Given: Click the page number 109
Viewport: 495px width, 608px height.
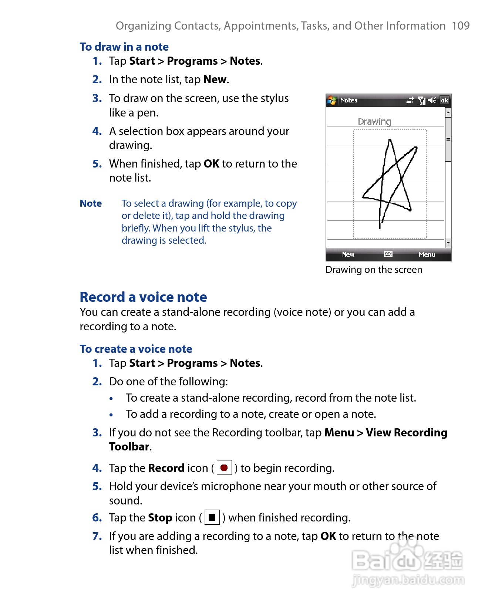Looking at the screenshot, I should [460, 26].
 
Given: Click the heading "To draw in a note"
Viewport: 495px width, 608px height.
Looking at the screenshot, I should [124, 47].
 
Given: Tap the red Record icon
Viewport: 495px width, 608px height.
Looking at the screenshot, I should [224, 468].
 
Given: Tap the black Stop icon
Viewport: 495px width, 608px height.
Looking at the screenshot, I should [212, 517].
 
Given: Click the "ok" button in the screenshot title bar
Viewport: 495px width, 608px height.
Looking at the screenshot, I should [444, 100].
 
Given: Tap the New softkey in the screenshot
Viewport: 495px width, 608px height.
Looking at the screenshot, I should [348, 254].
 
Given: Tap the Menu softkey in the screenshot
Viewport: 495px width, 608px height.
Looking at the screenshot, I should [427, 254].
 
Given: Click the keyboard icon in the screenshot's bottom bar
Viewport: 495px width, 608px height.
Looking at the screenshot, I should [388, 254].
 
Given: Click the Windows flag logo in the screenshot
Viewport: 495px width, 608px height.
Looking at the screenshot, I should [332, 100].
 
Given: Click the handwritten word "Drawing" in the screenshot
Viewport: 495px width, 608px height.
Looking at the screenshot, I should [374, 122].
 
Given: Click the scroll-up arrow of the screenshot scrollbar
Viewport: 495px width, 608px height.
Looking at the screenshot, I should [448, 112].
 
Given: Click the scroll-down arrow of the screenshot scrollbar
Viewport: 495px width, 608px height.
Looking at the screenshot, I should [448, 243].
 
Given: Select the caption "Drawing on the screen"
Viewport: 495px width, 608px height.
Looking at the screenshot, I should [374, 270].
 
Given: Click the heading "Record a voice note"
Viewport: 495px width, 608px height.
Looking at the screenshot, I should [143, 297].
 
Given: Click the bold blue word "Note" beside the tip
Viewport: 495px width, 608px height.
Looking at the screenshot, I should [91, 203].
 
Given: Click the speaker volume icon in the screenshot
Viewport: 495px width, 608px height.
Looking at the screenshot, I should [432, 100].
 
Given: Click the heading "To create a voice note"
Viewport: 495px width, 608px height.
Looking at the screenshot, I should [136, 349].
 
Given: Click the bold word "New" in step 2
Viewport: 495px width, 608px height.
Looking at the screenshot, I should [215, 80].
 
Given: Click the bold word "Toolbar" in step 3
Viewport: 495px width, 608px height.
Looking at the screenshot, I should [129, 447].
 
